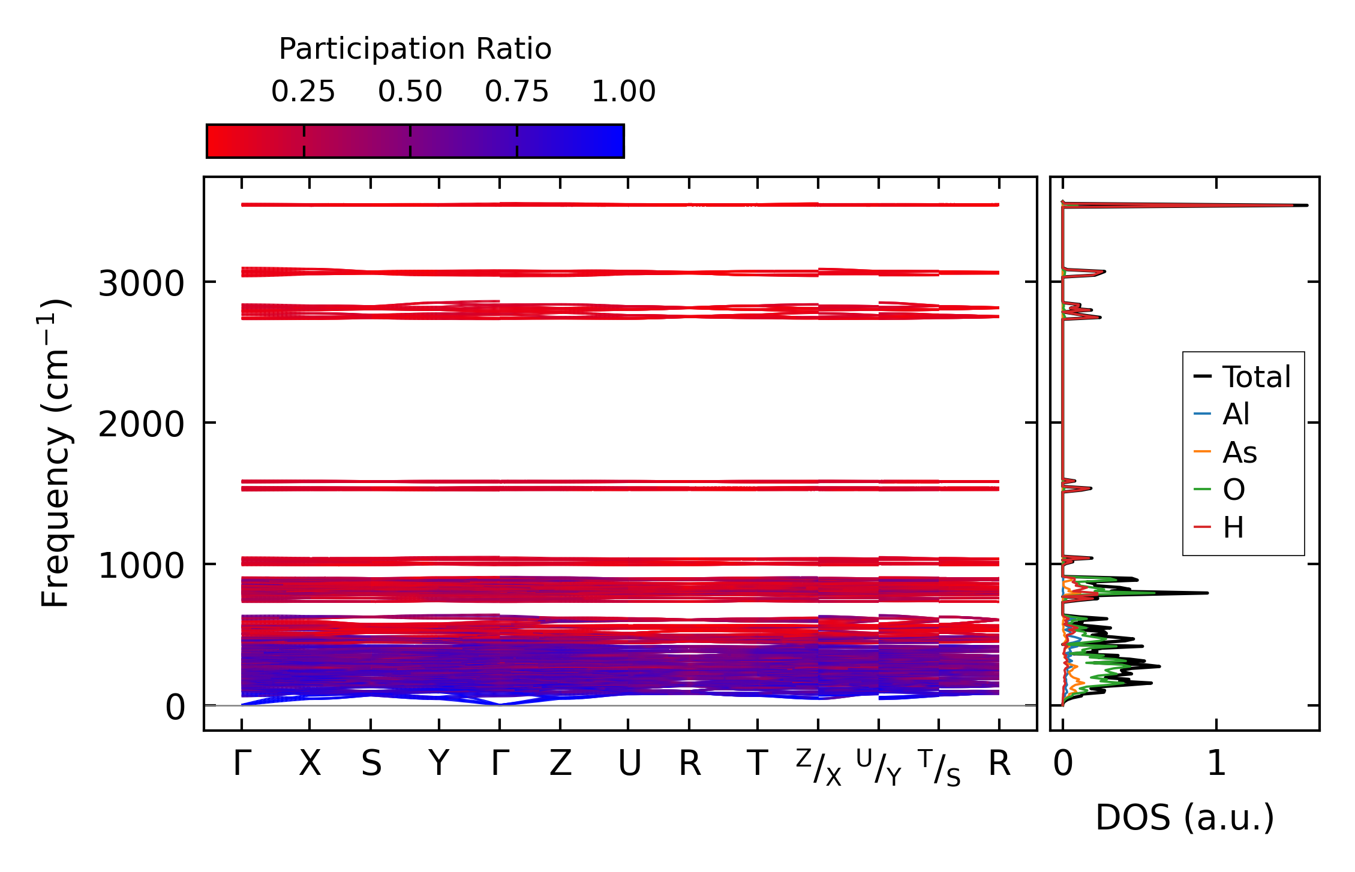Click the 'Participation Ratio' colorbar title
pos(415,49)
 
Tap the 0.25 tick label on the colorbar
pos(303,92)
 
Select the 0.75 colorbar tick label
pos(516,92)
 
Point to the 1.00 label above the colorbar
pos(623,92)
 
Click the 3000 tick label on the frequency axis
pos(141,283)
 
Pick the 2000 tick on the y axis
pos(141,425)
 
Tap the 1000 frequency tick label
pos(141,566)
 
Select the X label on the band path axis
pos(310,764)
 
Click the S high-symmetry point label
pos(371,764)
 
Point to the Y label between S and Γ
pos(438,764)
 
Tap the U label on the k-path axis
pos(629,764)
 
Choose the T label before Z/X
pos(757,764)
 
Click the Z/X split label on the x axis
pos(819,768)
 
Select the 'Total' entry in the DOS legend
pos(1256,377)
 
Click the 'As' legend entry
pos(1239,452)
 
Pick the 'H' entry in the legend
pos(1233,528)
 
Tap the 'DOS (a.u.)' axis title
pos(1185,818)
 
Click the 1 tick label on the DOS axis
pos(1216,764)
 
